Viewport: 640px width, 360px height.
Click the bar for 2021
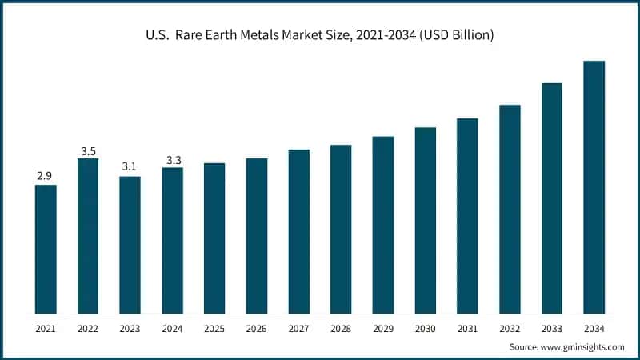tap(46, 249)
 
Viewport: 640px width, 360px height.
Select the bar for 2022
tap(88, 236)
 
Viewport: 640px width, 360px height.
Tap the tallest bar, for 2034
tap(594, 187)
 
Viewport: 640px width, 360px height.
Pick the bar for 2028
tap(341, 229)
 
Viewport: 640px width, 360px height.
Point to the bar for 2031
tap(467, 216)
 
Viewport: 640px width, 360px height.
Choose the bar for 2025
tap(214, 238)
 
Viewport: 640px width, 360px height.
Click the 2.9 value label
tap(46, 175)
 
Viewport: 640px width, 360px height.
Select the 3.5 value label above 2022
tap(88, 150)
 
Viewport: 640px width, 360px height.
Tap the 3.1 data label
tap(130, 166)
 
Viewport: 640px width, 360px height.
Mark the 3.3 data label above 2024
tap(173, 160)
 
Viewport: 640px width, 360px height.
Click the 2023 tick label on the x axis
tap(130, 328)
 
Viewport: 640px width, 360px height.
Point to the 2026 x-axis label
tap(257, 328)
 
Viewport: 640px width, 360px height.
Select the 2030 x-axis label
tap(425, 328)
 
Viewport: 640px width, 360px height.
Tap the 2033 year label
tap(552, 328)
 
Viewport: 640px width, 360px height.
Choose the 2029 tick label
tap(383, 328)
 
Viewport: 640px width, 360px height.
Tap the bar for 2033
tap(552, 198)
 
